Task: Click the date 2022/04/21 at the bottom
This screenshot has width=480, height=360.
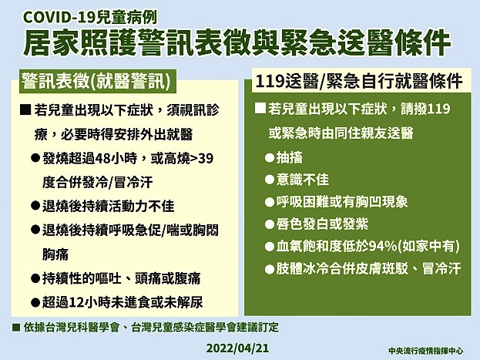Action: tap(237, 348)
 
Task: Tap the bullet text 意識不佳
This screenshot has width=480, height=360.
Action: tap(303, 180)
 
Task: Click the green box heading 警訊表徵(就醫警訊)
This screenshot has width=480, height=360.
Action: tap(96, 82)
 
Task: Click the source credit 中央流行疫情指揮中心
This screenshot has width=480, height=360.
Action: tap(425, 351)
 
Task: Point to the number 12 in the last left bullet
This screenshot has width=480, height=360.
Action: tap(76, 302)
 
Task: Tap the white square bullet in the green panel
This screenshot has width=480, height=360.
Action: tap(260, 109)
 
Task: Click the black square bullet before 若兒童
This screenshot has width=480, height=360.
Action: tap(25, 109)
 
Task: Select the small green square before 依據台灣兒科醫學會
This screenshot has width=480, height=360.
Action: tap(16, 328)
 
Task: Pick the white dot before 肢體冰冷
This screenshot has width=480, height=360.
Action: tap(270, 269)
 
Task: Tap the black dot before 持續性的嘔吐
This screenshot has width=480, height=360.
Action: tap(35, 278)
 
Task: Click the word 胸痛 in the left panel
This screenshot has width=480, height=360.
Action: tap(55, 254)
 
